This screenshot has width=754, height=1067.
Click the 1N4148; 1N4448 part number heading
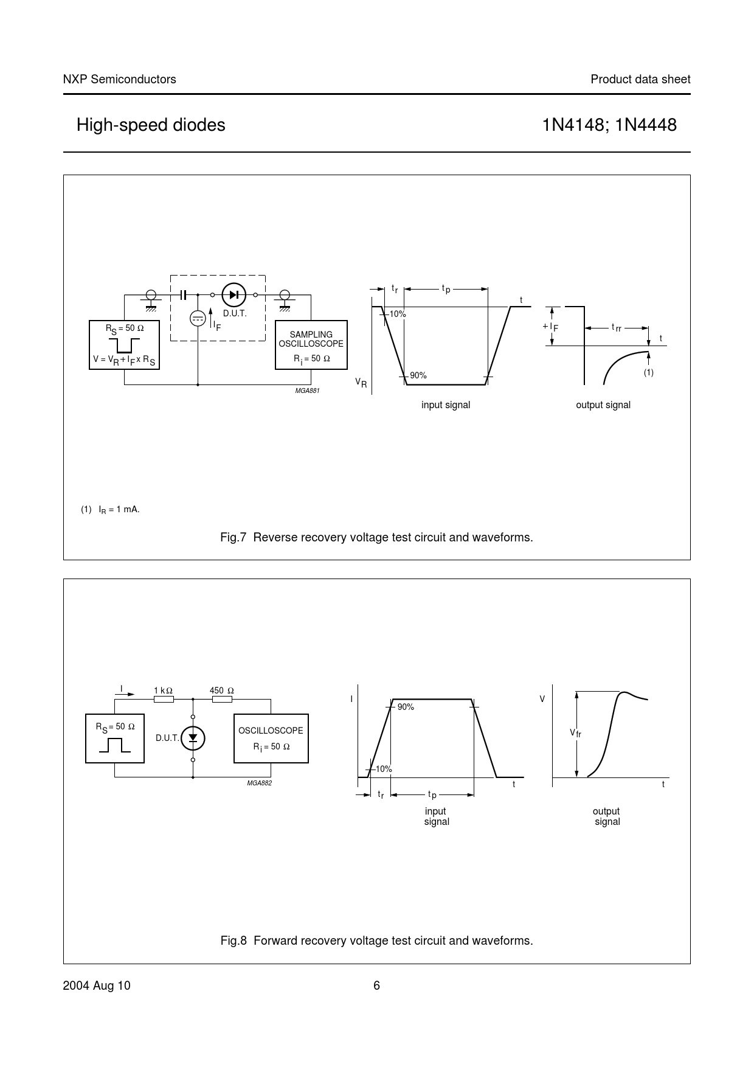pyautogui.click(x=609, y=125)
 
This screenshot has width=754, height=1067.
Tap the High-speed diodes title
pyautogui.click(x=151, y=125)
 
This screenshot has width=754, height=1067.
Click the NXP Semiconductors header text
pyautogui.click(x=119, y=79)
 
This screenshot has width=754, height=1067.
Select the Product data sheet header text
pyautogui.click(x=640, y=79)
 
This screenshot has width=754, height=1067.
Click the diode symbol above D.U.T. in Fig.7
pyautogui.click(x=233, y=295)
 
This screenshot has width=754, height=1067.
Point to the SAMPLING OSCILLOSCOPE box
pyautogui.click(x=311, y=345)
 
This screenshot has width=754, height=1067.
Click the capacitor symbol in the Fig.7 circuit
pyautogui.click(x=183, y=295)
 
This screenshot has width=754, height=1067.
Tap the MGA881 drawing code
pyautogui.click(x=307, y=391)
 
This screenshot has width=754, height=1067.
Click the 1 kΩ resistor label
pyautogui.click(x=163, y=690)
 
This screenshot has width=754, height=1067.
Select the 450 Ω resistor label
pyautogui.click(x=221, y=690)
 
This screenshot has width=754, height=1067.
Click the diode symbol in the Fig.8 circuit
pyautogui.click(x=193, y=738)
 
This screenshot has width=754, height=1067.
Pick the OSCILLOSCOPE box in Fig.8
pyautogui.click(x=271, y=738)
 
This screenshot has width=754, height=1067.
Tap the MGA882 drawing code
pyautogui.click(x=259, y=783)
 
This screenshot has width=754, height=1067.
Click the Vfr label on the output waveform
pyautogui.click(x=575, y=733)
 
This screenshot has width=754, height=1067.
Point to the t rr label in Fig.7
pyautogui.click(x=616, y=328)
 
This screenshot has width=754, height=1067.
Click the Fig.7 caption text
pyautogui.click(x=376, y=537)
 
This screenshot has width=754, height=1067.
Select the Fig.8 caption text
pyautogui.click(x=376, y=940)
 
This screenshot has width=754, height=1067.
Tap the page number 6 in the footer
pyautogui.click(x=376, y=986)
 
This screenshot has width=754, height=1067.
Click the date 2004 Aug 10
pyautogui.click(x=96, y=986)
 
